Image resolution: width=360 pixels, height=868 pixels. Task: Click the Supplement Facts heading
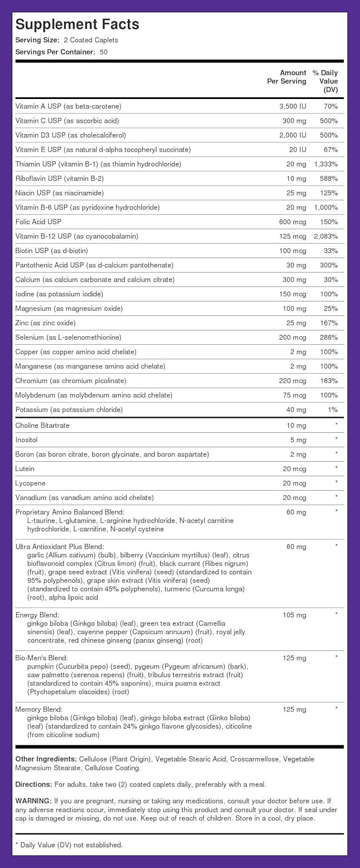pos(77,24)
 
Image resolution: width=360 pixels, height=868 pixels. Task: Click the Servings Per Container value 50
pos(103,52)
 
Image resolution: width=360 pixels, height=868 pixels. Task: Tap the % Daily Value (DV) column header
pos(326,81)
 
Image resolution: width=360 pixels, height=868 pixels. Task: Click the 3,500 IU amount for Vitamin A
pos(292,106)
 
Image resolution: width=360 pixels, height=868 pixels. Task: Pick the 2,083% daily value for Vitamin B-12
pos(326,237)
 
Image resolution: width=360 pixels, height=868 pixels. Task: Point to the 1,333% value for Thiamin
pos(326,164)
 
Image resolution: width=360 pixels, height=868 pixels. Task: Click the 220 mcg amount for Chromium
pos(292,381)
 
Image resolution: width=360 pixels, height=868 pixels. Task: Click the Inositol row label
pos(27,440)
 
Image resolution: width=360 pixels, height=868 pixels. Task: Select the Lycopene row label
pos(31,483)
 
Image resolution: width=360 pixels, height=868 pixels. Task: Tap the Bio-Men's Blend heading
pos(42,658)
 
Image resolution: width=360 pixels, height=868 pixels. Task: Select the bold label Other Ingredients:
pos(46,759)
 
